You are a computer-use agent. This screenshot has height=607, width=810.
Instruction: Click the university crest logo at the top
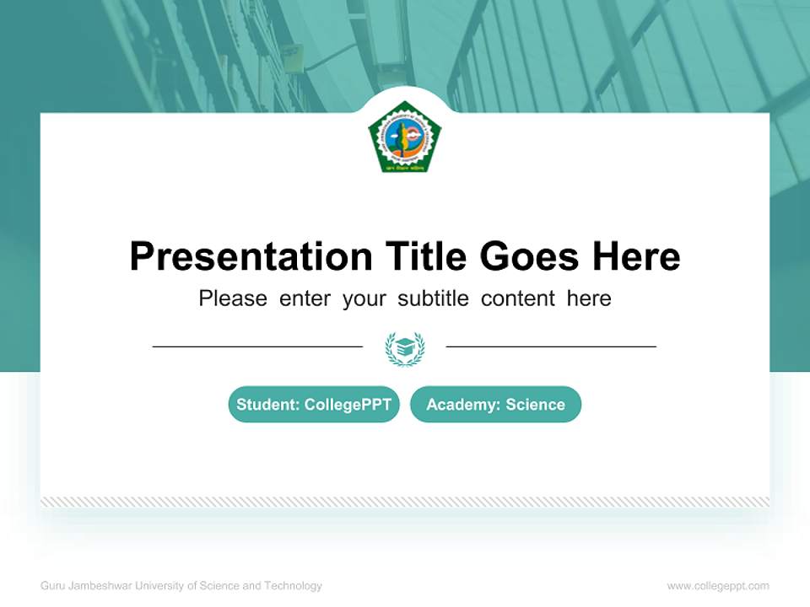coord(405,137)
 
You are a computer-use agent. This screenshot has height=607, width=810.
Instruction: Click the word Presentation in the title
coord(251,257)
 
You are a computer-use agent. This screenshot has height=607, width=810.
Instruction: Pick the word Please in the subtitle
coord(233,298)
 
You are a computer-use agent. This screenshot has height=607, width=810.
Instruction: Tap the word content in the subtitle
coord(518,298)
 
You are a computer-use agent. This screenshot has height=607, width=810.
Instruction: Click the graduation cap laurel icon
coord(405,347)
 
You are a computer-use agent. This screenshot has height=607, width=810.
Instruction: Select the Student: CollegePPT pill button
coord(314,405)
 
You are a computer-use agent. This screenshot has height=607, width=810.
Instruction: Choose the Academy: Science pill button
coord(495,405)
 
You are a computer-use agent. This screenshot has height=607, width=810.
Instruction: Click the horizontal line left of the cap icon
coord(257,346)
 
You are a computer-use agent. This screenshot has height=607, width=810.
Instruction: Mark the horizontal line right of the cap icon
coord(551,346)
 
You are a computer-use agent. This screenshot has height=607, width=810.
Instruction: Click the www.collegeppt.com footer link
coord(718,586)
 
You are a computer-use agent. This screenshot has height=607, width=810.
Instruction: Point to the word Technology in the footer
coord(293,586)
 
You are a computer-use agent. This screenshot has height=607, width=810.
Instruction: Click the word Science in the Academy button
coord(535,405)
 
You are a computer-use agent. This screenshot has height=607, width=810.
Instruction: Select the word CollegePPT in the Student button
coord(348,405)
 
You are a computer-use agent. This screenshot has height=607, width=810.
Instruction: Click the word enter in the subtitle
coord(305,298)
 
